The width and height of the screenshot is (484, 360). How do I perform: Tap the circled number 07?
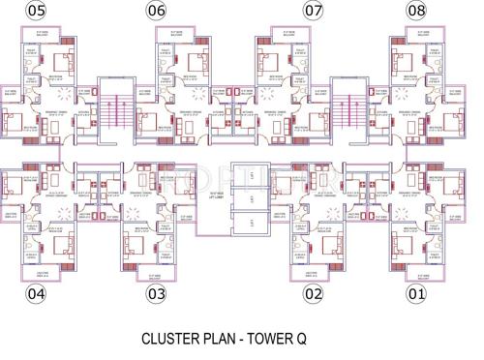pos(313,11)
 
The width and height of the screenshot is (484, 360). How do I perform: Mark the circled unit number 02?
pos(312,292)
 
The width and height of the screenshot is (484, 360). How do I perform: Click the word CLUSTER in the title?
pos(173,340)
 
